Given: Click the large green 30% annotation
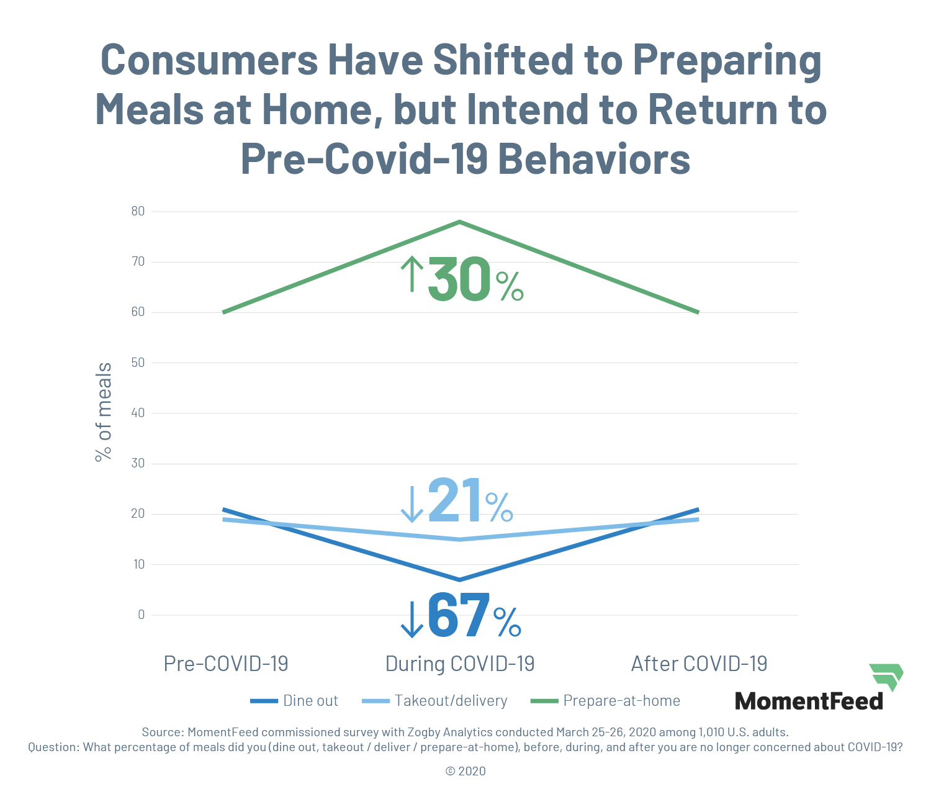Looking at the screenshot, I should pyautogui.click(x=462, y=279).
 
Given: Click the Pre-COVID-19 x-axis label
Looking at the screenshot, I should pyautogui.click(x=226, y=664).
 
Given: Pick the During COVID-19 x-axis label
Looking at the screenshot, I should pyautogui.click(x=460, y=664).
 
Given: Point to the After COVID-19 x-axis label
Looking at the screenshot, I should pyautogui.click(x=699, y=664).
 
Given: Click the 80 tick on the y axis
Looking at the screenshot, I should pyautogui.click(x=138, y=211).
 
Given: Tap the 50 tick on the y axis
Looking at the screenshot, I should pyautogui.click(x=138, y=363).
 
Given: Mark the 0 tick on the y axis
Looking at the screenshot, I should pyautogui.click(x=142, y=615).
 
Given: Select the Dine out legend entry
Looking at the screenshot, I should pyautogui.click(x=295, y=701).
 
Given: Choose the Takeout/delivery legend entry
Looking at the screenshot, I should pyautogui.click(x=435, y=701).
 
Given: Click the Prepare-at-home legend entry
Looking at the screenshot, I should pyautogui.click(x=606, y=701).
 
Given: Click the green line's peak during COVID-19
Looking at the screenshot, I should pyautogui.click(x=459, y=222).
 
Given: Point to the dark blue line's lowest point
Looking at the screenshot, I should pyautogui.click(x=459, y=580).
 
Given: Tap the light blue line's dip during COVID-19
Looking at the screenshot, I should pyautogui.click(x=459, y=539).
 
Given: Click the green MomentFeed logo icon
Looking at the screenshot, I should pyautogui.click(x=886, y=676).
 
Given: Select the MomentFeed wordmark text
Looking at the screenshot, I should pyautogui.click(x=809, y=701).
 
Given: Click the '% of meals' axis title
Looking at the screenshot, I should pyautogui.click(x=104, y=412).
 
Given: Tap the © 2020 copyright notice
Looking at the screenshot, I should pyautogui.click(x=465, y=771).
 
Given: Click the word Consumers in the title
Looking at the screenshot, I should pyautogui.click(x=209, y=60).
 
